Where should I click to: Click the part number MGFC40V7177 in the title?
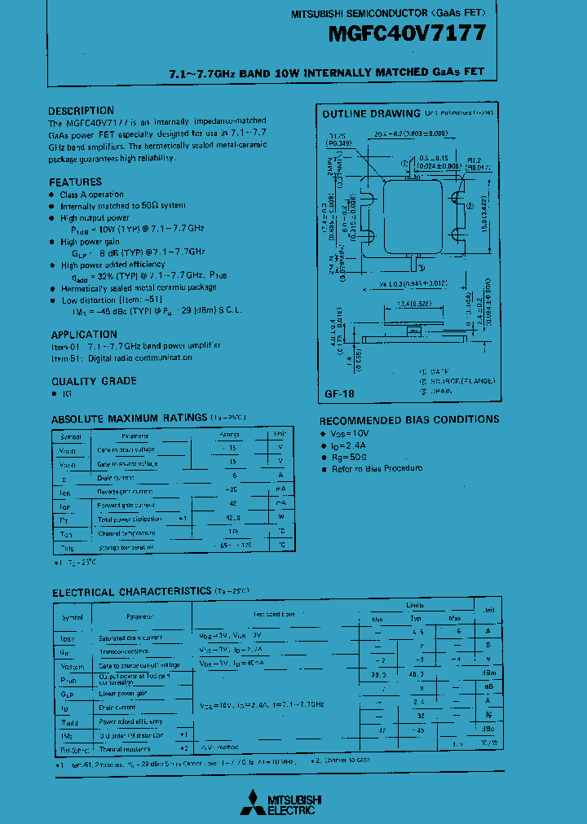tap(408, 33)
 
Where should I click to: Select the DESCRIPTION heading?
tap(81, 111)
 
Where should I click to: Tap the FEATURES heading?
tap(75, 182)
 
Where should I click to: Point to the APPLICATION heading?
tap(84, 334)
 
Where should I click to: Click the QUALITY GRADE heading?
tap(94, 381)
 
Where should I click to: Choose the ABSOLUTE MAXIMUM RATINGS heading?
tap(129, 418)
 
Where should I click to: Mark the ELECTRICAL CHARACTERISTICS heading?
tap(131, 591)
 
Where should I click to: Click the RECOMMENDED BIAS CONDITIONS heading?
tap(408, 419)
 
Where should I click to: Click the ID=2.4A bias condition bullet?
tap(351, 446)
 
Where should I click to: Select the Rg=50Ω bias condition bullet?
tap(352, 457)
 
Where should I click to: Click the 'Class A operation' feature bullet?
tap(91, 195)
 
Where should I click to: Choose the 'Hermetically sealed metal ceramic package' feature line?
tap(138, 287)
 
